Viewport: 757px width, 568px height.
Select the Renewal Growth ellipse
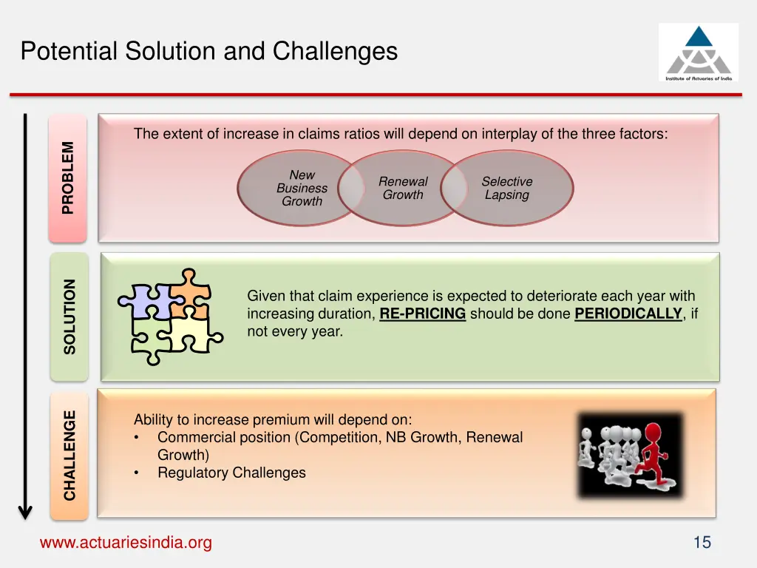coord(403,188)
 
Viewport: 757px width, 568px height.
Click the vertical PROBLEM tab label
coord(68,177)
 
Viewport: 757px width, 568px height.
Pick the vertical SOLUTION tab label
coord(69,316)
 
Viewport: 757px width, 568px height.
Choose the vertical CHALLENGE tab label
coord(69,454)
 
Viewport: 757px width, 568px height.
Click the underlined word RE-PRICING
coord(423,314)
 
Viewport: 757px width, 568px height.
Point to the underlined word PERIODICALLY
coord(628,314)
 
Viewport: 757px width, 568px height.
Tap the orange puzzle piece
coord(188,293)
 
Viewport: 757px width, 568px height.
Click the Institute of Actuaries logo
coord(698,53)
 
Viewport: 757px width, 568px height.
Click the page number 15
coord(702,543)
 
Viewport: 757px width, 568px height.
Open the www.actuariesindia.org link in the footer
coord(126,543)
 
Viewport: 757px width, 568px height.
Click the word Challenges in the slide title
coord(335,51)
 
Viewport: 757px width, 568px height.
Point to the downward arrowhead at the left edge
coord(25,511)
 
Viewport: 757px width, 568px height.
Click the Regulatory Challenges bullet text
coord(231,473)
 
